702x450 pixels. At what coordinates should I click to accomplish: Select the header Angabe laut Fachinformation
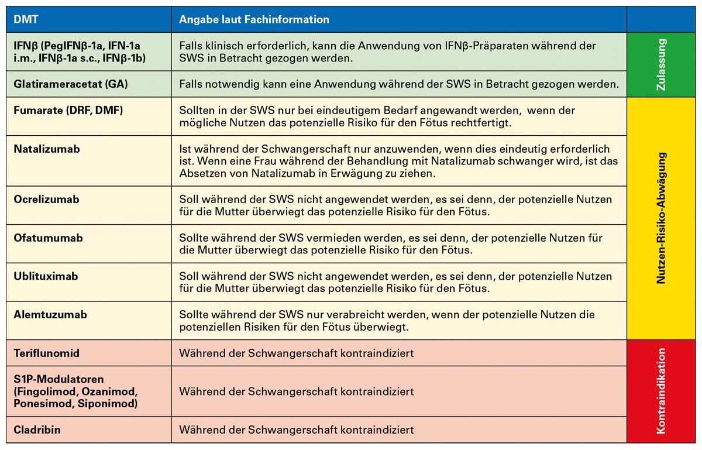click(x=254, y=20)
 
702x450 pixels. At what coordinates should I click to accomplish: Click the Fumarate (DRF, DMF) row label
click(x=68, y=111)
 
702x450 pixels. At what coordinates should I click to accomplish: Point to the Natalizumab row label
click(x=47, y=149)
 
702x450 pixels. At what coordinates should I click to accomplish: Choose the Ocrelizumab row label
click(x=46, y=200)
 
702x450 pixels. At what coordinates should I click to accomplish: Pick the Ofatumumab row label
click(x=48, y=238)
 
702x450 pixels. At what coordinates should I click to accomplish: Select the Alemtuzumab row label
click(x=50, y=315)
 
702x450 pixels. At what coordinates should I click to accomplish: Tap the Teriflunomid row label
click(x=47, y=353)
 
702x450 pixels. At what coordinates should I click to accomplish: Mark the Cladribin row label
click(x=37, y=430)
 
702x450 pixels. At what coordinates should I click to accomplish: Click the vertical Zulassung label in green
click(x=662, y=64)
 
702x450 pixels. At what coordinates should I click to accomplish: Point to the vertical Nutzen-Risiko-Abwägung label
click(x=662, y=218)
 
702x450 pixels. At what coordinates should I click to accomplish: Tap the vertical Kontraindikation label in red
click(x=662, y=391)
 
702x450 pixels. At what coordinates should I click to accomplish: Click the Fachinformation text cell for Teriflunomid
click(x=297, y=353)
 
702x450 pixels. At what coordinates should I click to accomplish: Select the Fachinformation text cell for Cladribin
click(x=297, y=430)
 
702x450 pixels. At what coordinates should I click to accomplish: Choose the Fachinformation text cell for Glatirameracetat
click(x=398, y=84)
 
